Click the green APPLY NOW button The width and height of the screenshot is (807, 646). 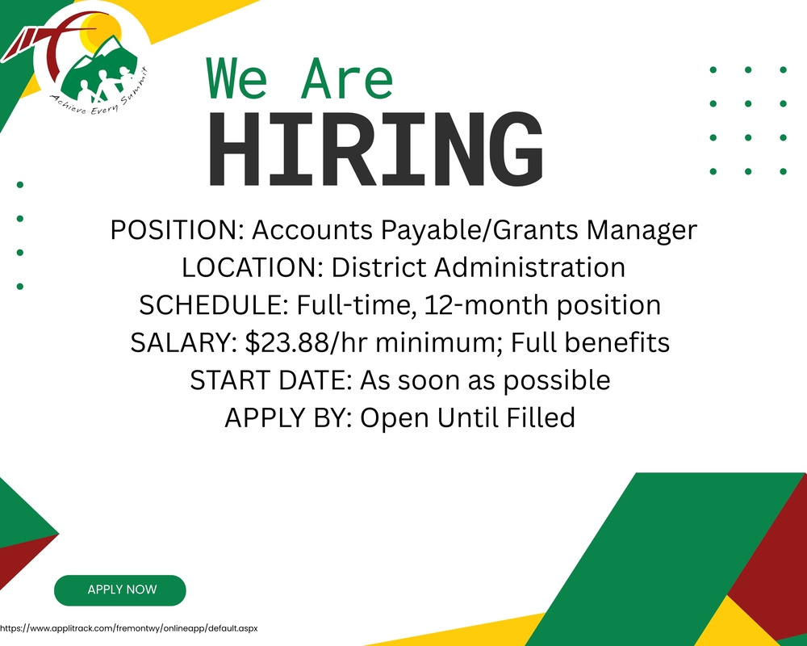click(x=121, y=590)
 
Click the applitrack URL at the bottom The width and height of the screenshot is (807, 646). click(x=128, y=627)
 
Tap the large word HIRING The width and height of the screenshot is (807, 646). click(x=376, y=150)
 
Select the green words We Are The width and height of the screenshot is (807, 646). click(x=300, y=79)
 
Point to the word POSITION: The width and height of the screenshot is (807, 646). click(x=177, y=231)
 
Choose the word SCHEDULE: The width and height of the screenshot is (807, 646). click(x=215, y=305)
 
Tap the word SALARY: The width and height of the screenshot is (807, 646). click(x=184, y=342)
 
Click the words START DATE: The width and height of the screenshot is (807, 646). click(x=271, y=380)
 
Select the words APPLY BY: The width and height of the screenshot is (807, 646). click(x=288, y=417)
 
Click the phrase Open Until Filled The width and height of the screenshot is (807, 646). click(x=467, y=417)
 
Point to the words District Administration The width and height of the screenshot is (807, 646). click(x=479, y=268)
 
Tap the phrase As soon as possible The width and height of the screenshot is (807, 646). click(x=485, y=380)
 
